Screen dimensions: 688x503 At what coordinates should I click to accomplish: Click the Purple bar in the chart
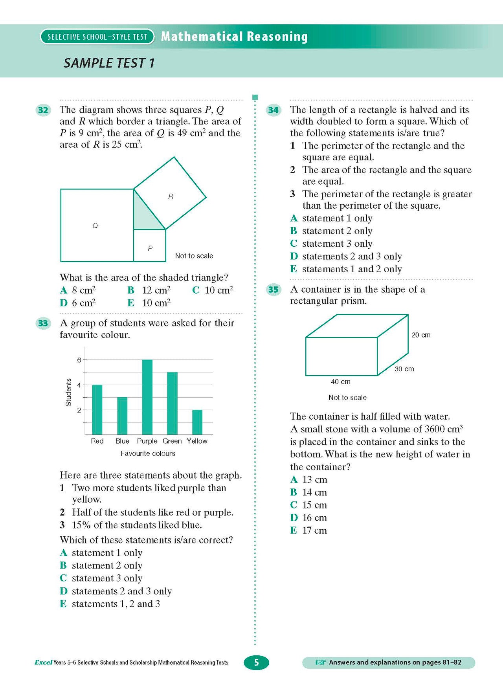point(147,397)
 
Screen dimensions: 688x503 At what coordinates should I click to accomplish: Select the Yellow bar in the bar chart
point(197,422)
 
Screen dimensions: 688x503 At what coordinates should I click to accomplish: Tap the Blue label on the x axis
point(122,441)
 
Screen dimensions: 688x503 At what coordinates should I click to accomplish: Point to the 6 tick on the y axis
point(79,360)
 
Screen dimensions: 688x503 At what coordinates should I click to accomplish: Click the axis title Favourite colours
point(148,453)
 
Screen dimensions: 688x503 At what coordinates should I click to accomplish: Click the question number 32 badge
point(43,110)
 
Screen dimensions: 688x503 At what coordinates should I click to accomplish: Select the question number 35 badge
point(274,290)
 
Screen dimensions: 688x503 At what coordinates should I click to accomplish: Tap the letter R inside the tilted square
point(171,196)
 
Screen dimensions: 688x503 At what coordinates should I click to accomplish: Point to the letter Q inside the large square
point(95,226)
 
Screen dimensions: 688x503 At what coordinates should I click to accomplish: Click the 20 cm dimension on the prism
point(421,335)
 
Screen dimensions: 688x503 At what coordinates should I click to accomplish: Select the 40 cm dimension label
point(341,382)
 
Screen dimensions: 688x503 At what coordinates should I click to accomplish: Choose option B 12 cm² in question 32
point(149,290)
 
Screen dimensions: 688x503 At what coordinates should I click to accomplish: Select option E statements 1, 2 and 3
point(110,604)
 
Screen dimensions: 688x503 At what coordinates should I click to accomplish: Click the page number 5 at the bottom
point(256,663)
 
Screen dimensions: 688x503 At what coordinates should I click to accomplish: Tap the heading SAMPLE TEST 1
point(109,63)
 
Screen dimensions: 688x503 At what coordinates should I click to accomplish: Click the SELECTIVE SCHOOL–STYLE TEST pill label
point(97,37)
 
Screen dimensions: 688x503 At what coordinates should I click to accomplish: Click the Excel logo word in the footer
point(43,662)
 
